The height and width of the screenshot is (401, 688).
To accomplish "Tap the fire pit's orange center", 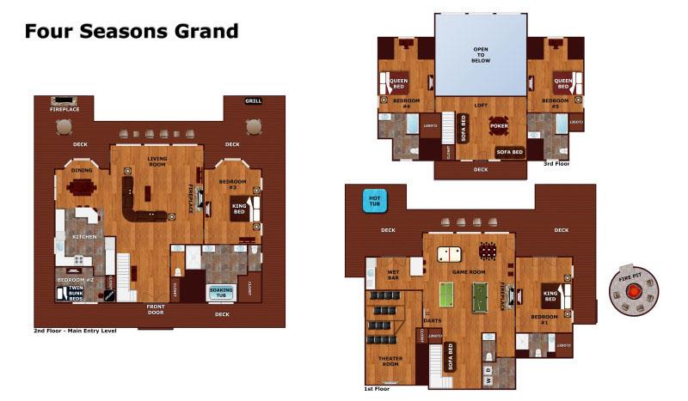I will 634,291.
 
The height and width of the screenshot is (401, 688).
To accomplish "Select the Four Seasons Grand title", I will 131,32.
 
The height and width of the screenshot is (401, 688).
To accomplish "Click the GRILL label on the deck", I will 253,100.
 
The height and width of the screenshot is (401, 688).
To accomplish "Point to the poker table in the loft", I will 500,126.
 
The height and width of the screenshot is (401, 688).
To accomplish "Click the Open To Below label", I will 480,55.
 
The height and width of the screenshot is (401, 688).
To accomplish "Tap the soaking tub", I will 221,293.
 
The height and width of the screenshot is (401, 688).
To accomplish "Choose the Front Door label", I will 156,309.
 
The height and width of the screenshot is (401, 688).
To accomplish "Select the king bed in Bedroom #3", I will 239,206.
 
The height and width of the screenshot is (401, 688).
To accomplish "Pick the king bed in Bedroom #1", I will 550,298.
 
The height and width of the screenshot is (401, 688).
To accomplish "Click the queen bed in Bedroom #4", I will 400,83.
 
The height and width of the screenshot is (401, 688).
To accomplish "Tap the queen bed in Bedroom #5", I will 563,83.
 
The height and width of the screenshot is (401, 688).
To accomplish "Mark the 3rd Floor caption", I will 556,162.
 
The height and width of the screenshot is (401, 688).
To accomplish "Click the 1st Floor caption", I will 376,389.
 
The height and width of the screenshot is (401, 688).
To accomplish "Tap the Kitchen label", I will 83,236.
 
